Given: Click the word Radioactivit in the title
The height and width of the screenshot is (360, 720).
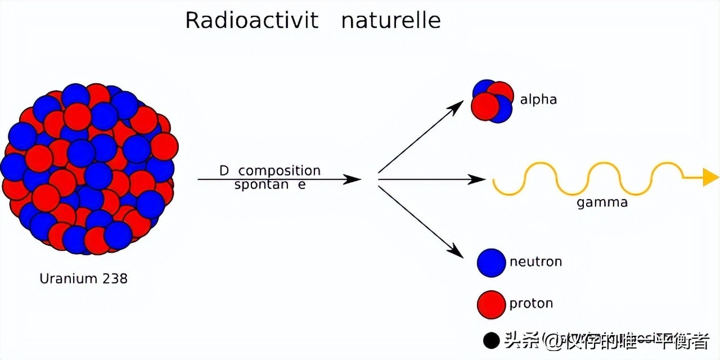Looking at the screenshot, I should [251, 21].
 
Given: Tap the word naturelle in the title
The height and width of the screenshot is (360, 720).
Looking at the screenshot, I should [390, 21].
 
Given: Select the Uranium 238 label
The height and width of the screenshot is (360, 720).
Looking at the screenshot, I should [83, 278].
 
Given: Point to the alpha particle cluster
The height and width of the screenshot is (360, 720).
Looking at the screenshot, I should [492, 101].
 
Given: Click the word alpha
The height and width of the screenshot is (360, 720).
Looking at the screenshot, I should [538, 100].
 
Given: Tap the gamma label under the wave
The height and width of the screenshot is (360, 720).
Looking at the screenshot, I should [602, 203].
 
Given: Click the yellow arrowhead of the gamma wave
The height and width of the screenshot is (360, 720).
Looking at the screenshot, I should [710, 178].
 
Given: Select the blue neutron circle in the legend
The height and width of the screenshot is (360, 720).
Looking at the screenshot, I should [491, 263].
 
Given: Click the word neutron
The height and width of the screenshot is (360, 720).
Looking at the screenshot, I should [535, 262].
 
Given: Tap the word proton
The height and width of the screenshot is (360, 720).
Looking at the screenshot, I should [531, 304].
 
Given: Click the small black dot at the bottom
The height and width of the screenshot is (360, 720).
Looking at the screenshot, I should [491, 340].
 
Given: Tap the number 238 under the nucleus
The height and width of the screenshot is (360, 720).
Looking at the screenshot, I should [115, 278].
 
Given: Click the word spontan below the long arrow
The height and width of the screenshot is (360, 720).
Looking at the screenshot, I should [261, 184].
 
